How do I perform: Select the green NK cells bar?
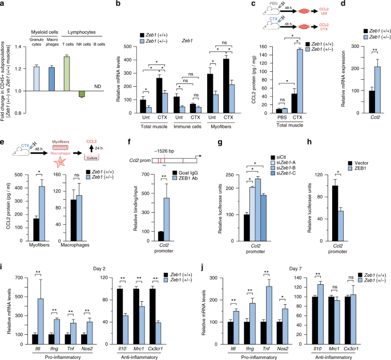(x=82, y=94)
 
